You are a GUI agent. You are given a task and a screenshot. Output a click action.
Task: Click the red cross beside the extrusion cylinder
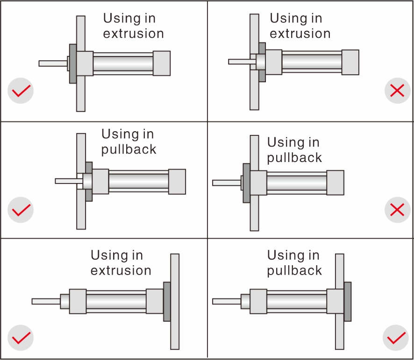(x=397, y=91)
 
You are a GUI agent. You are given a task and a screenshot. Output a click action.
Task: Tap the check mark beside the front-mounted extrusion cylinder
(x=21, y=91)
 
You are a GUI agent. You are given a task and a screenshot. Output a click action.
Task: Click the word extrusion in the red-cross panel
(x=300, y=34)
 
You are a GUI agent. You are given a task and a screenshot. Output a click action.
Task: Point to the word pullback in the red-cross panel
(x=294, y=157)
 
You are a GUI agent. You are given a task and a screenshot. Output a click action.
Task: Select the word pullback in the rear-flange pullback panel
(x=294, y=271)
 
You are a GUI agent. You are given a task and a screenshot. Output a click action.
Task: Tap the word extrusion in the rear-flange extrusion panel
(x=121, y=271)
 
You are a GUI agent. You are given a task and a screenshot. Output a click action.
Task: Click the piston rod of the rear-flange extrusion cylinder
(x=46, y=301)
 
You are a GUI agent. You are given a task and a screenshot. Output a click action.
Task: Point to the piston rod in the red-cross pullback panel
(x=226, y=183)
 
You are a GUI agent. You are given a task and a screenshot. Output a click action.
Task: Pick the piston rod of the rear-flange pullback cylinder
(x=226, y=301)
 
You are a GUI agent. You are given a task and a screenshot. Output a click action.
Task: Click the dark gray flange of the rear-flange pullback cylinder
(x=347, y=301)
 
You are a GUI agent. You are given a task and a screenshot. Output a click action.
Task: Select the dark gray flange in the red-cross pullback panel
(x=246, y=183)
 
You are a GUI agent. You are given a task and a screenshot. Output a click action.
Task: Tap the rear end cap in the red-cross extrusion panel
(x=350, y=62)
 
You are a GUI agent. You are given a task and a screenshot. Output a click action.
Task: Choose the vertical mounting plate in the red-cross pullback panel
(x=254, y=215)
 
